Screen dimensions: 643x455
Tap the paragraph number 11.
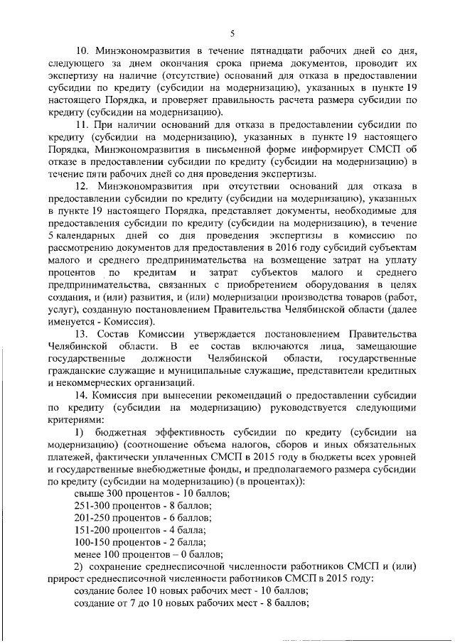[81, 124]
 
